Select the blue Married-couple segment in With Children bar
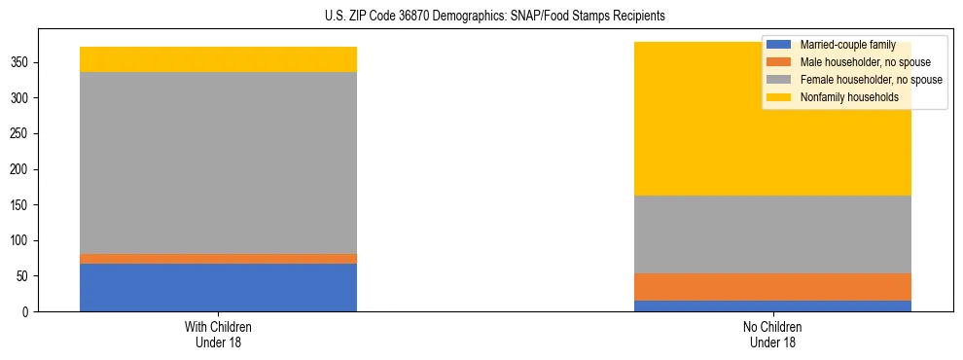coord(218,287)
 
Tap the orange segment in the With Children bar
coord(218,259)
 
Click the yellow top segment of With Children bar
coord(218,59)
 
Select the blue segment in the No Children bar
coord(772,306)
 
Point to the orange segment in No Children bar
coord(772,287)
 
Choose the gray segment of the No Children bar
coord(772,234)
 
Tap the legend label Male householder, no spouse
coord(866,62)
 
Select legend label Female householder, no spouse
coord(871,80)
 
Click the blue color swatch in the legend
coord(779,45)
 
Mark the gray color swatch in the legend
coord(779,80)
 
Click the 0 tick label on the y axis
coord(30,312)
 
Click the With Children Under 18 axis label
coord(218,334)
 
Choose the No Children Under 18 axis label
coord(772,334)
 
